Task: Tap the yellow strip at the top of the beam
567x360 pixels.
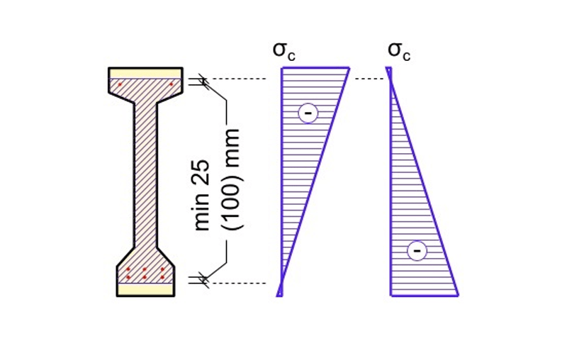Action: [145, 73]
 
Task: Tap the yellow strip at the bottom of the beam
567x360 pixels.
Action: [145, 289]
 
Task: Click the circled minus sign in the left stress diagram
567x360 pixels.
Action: [308, 112]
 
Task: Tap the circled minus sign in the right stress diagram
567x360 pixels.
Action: [417, 250]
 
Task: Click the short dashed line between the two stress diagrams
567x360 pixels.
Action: [369, 79]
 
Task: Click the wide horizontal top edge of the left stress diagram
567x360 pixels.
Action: [315, 68]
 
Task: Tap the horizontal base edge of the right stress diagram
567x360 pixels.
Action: [424, 295]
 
